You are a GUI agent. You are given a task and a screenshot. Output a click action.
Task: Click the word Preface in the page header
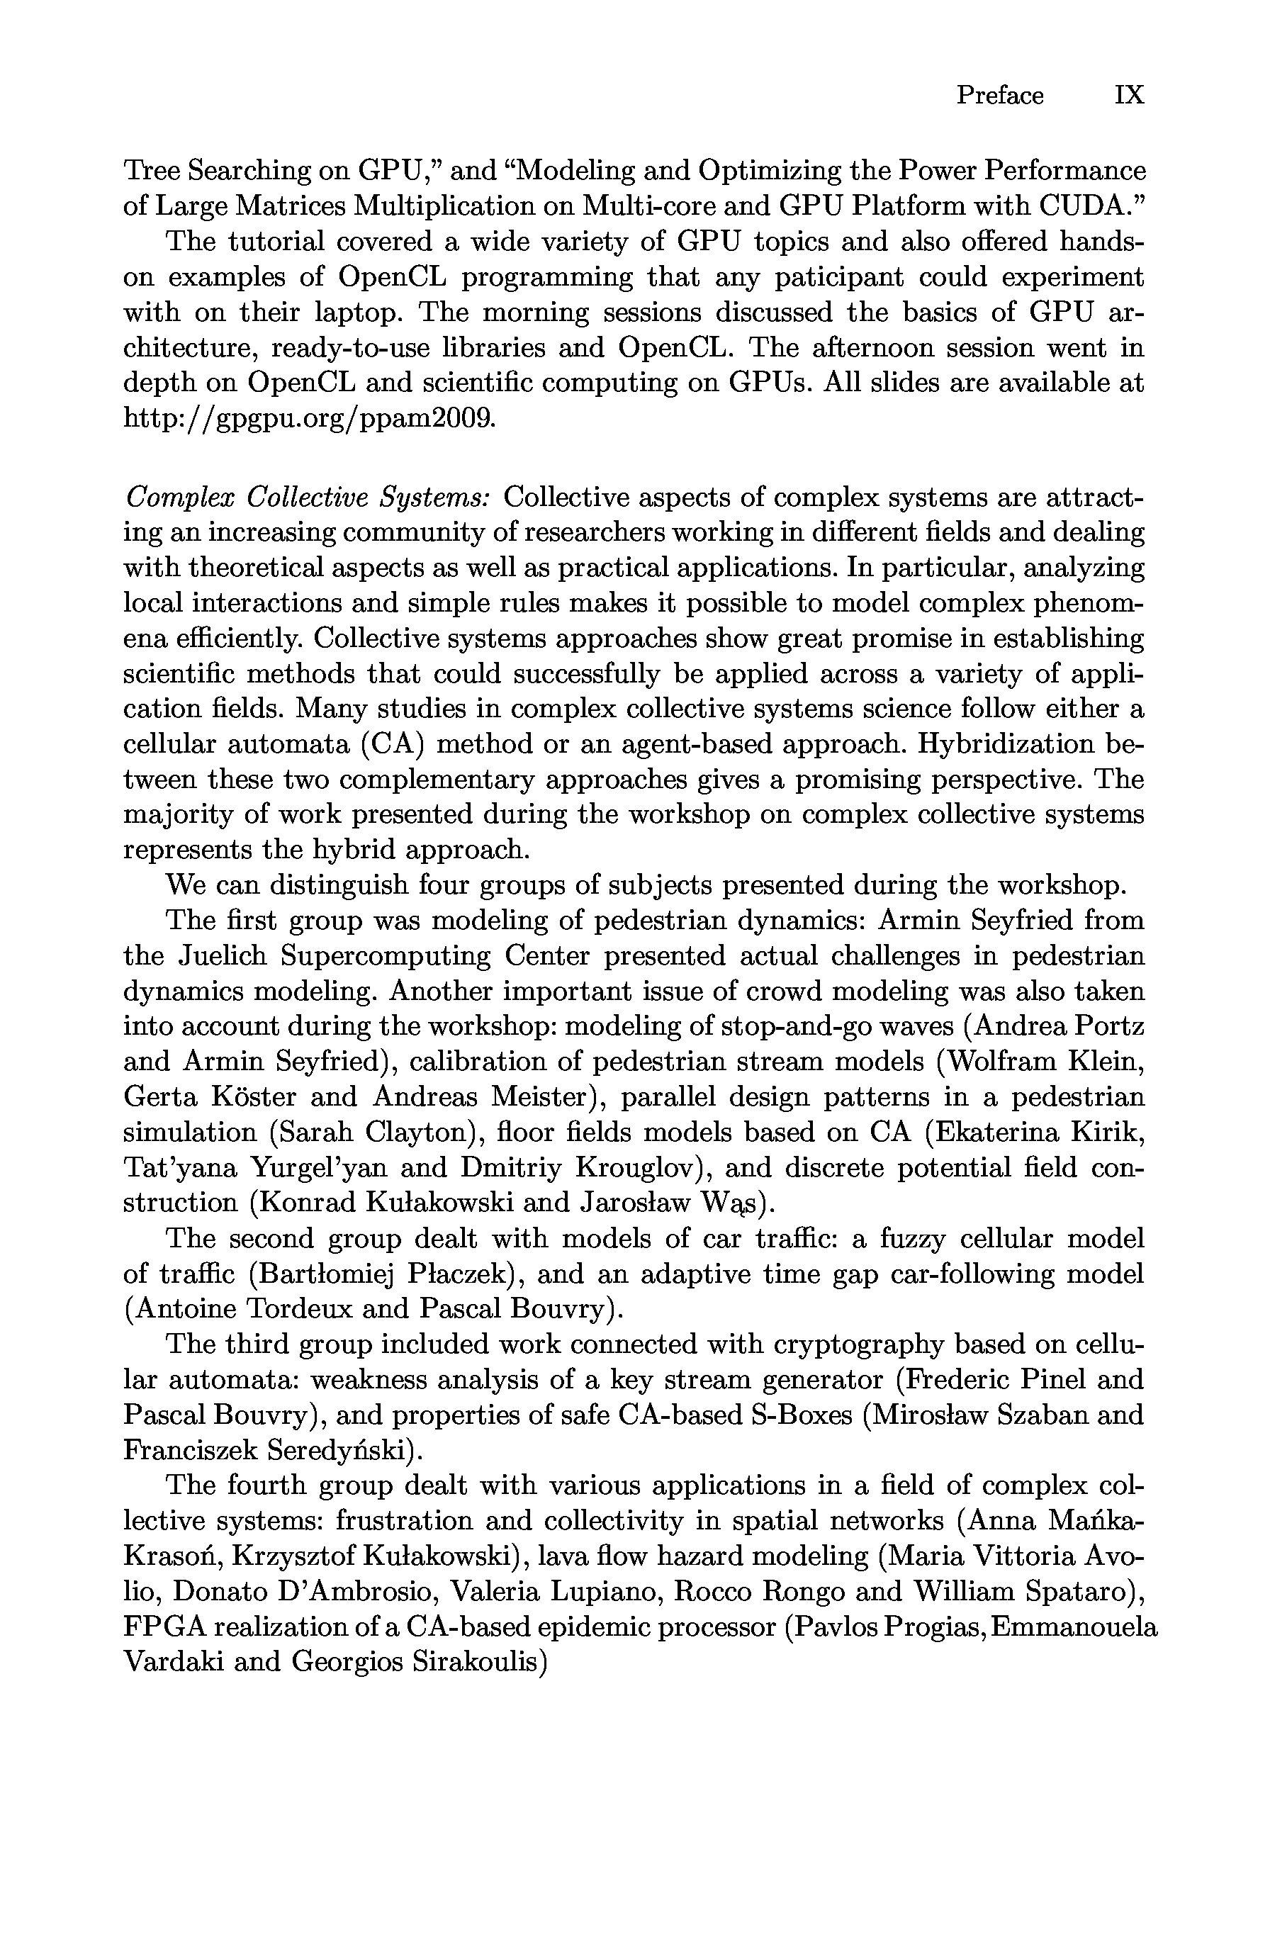pyautogui.click(x=1000, y=96)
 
